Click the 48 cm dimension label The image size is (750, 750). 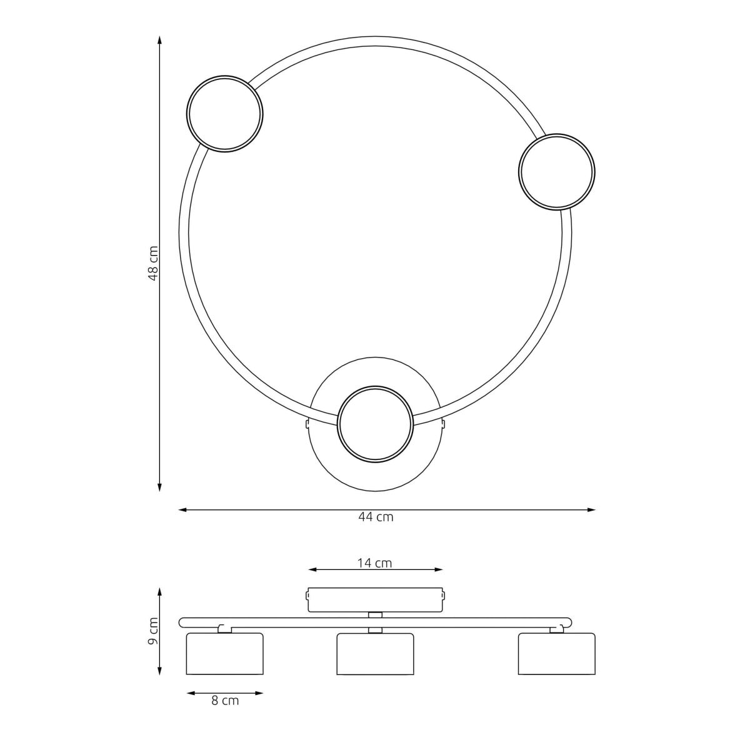coord(153,264)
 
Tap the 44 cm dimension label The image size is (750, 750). coord(376,517)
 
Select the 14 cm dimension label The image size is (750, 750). coord(374,563)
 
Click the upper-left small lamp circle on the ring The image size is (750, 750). coord(224,77)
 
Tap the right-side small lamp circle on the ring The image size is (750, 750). coord(557,135)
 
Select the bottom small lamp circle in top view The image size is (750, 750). coord(374,387)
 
